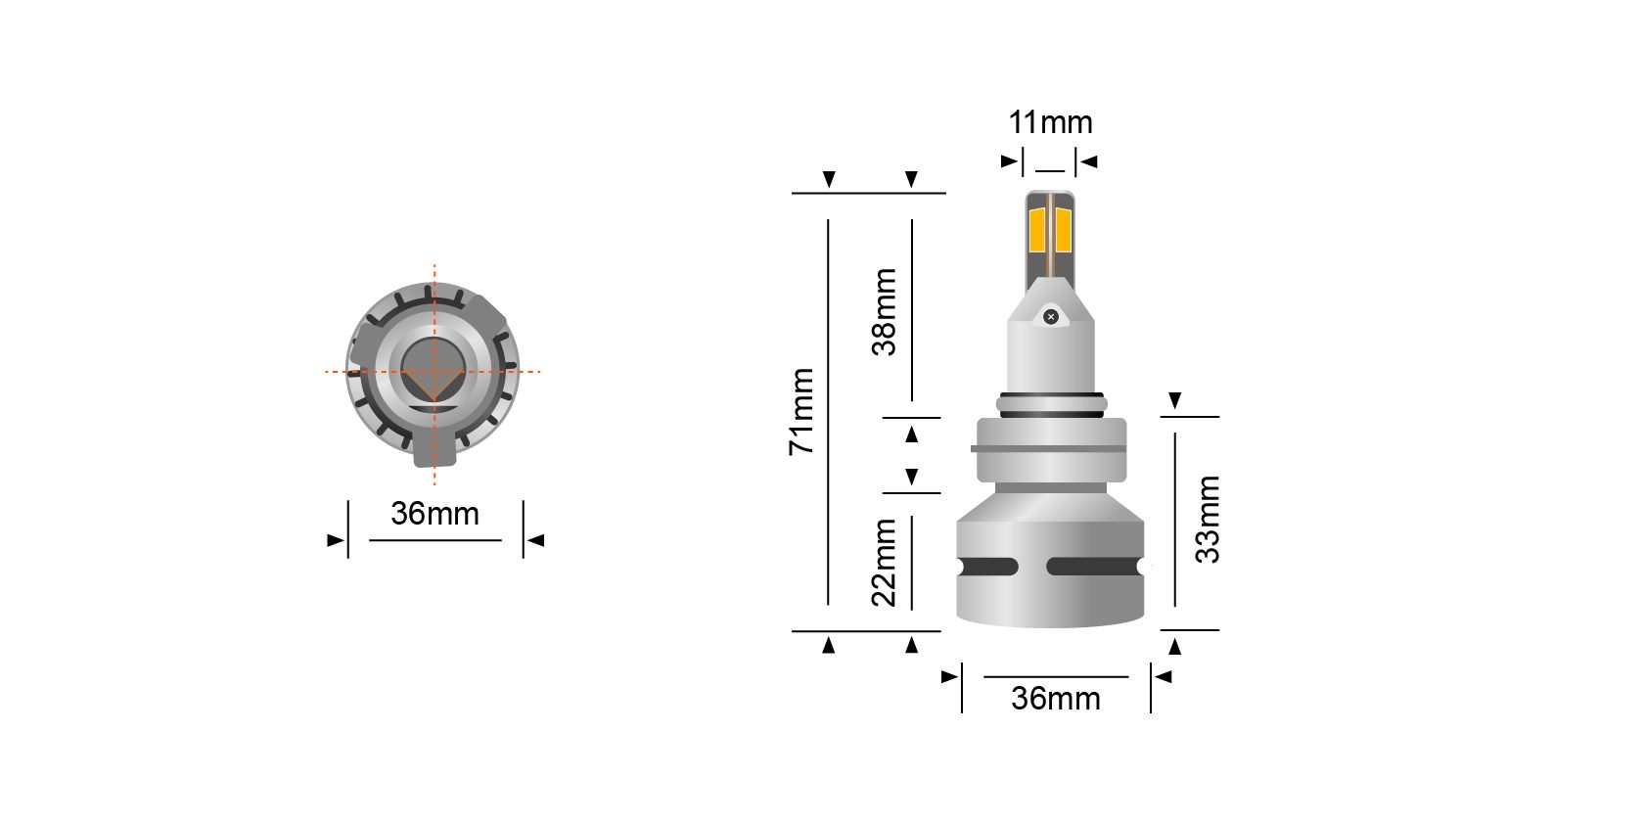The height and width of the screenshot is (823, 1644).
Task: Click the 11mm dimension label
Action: (x=1050, y=122)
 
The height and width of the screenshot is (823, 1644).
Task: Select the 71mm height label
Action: (x=801, y=412)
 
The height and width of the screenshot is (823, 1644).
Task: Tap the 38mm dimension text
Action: (x=885, y=312)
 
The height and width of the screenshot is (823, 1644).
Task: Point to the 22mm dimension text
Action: (x=885, y=563)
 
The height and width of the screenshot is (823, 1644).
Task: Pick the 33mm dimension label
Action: (x=1208, y=519)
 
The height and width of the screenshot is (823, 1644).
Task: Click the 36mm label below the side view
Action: (x=1055, y=699)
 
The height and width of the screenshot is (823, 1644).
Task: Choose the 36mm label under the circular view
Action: (x=434, y=514)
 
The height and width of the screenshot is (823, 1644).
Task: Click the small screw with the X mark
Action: (x=1051, y=316)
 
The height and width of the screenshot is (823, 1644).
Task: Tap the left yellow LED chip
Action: (x=1037, y=230)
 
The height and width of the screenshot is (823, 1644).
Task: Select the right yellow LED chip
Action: (x=1064, y=230)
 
